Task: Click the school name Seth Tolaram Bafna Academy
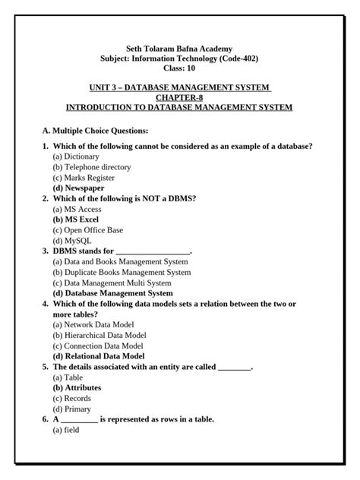[x=179, y=48]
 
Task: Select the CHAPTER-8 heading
[x=179, y=97]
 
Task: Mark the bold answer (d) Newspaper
[x=78, y=188]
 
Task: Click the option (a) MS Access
[x=77, y=209]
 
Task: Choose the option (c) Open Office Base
[x=87, y=229]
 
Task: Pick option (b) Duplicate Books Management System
[x=122, y=272]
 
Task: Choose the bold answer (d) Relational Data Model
[x=99, y=355]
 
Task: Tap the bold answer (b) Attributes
[x=77, y=387]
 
